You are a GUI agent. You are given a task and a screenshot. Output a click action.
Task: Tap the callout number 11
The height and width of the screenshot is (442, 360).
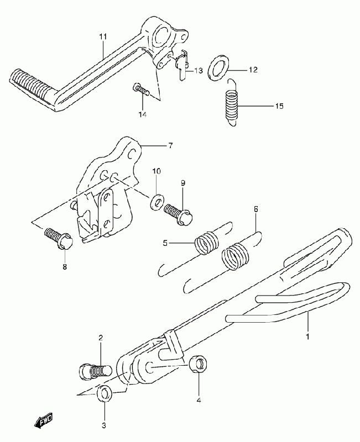pos(103,36)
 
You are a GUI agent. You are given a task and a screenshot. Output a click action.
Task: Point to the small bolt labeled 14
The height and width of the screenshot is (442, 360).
pos(140,89)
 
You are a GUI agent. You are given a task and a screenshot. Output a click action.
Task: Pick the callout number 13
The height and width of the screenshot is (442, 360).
pos(199,71)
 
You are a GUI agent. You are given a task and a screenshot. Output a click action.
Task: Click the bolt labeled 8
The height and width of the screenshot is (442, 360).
pos(59,239)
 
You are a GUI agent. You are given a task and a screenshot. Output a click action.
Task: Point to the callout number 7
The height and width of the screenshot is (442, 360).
pos(170,146)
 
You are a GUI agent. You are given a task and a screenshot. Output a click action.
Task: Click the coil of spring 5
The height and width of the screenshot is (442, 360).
pos(207,243)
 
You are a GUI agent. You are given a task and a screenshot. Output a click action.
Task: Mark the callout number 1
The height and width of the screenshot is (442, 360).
pos(308,336)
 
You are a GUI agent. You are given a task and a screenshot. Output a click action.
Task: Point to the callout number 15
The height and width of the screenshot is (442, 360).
pos(279,106)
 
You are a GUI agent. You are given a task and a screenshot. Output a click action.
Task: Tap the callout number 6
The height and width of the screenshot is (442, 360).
pos(256,209)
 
